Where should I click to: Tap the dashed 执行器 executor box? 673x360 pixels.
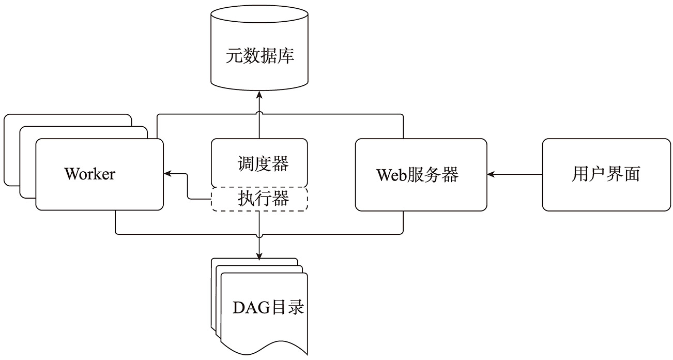tap(259, 199)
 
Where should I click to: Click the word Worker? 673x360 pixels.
tap(90, 174)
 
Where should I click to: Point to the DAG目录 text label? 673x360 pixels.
tap(267, 308)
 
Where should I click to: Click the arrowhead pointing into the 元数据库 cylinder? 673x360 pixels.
tap(259, 96)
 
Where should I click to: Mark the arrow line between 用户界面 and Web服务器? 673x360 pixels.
tap(517, 175)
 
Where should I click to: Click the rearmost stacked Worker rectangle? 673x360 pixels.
tap(67, 118)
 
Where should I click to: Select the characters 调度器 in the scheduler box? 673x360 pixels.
tap(263, 164)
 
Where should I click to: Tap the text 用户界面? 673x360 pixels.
tap(606, 174)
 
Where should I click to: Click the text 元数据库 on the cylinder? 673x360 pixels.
tap(259, 56)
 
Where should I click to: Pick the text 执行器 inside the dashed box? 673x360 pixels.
tap(263, 199)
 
